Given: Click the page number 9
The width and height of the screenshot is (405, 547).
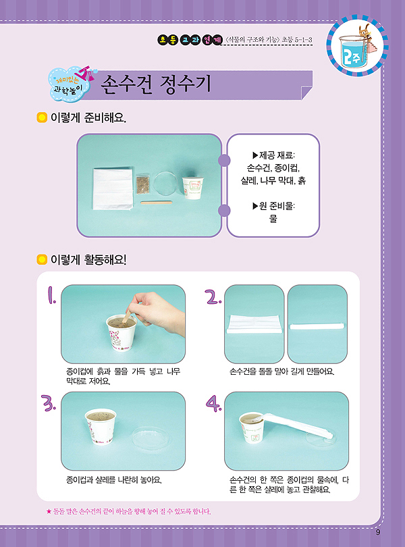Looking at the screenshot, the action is coord(378,532).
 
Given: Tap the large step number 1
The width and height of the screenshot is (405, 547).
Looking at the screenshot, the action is coord(51,295).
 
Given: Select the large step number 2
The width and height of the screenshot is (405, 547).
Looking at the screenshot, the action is coord(213,296).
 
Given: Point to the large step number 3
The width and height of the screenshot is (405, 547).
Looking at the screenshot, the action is coord(48,403).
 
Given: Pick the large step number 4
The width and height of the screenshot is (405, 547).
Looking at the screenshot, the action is coord(213,403).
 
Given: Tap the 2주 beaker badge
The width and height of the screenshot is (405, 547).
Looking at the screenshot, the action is coord(358,46).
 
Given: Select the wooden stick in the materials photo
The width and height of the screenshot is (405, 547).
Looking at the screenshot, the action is coord(157,202).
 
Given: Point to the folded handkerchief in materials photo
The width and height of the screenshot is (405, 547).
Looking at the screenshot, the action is coord(113,188).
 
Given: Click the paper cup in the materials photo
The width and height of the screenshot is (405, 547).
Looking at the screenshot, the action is coord(192,188).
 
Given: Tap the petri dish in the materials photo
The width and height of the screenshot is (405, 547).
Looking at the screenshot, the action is coord(166,184).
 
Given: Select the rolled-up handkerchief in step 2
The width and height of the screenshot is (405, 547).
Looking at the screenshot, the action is coord(317,327).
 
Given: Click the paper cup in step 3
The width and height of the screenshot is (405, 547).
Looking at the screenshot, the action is coord(101,426).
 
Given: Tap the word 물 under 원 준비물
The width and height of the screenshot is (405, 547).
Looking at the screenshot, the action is coord(273,219).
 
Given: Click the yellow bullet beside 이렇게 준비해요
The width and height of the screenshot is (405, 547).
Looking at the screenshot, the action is coord(42,118).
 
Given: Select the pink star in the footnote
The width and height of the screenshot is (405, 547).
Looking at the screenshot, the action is coord(49,512).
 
